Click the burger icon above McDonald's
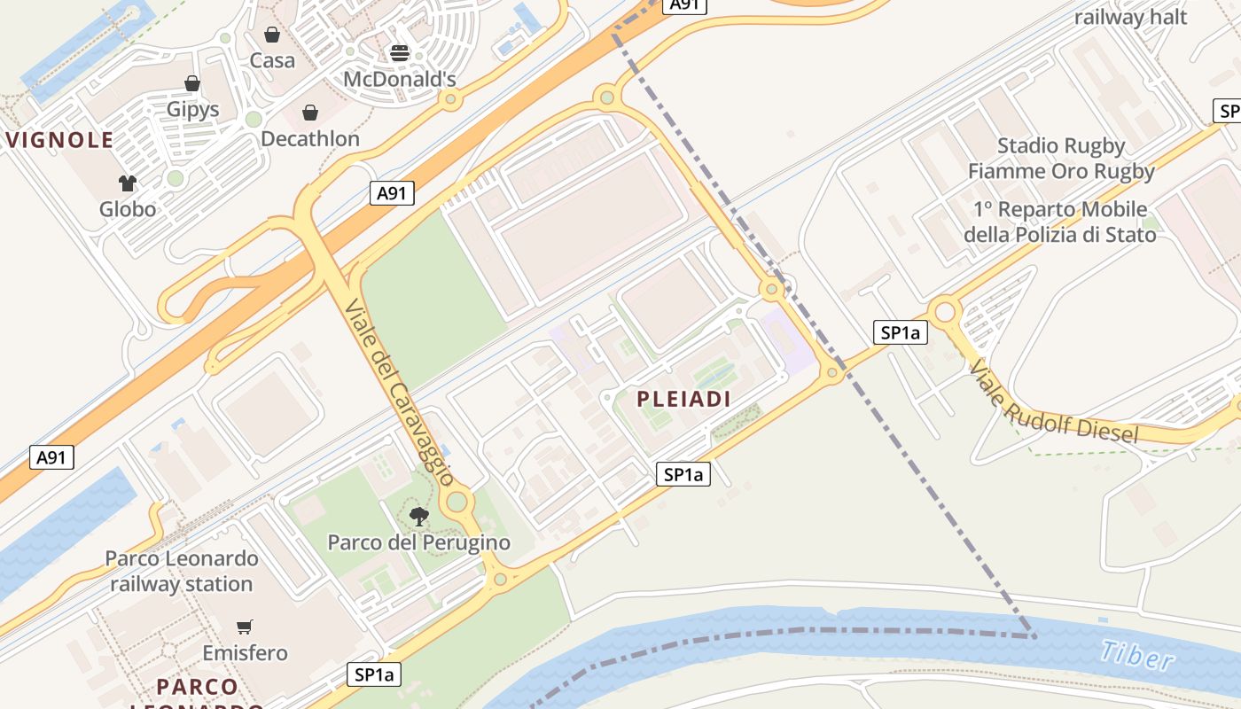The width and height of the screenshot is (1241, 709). [x=399, y=52]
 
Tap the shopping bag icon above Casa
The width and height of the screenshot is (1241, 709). [x=272, y=35]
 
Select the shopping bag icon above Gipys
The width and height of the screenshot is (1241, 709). [x=192, y=83]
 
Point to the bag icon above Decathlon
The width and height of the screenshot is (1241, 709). [x=310, y=113]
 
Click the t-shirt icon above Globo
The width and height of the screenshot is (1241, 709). [x=128, y=183]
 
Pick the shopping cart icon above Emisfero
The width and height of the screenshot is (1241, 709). [x=245, y=627]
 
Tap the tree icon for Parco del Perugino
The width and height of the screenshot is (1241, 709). [x=419, y=516]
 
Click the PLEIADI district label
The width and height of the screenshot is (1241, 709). [x=684, y=400]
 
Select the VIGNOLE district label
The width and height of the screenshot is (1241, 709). [x=60, y=140]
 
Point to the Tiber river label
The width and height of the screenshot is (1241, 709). [x=1137, y=656]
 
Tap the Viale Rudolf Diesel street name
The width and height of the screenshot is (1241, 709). [x=1053, y=403]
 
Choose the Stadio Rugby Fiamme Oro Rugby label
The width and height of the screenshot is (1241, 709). [x=1061, y=159]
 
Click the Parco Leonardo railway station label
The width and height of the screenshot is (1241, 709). [x=182, y=572]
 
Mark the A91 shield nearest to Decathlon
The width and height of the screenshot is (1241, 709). [x=392, y=192]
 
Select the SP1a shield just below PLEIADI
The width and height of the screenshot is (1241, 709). [x=684, y=475]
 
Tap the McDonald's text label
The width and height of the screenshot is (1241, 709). [x=400, y=80]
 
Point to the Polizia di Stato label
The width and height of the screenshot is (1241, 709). [x=1059, y=222]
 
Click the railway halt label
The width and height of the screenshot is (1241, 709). [x=1130, y=17]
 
